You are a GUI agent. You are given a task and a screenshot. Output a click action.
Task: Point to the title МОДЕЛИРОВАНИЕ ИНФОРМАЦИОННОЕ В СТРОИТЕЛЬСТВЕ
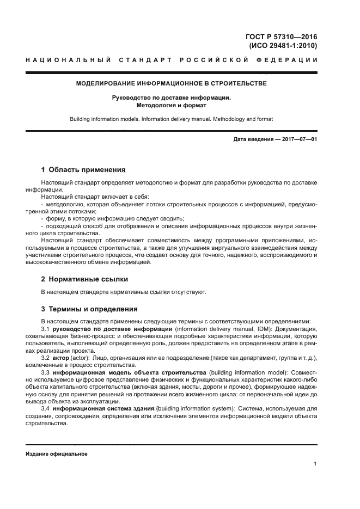point(170,83)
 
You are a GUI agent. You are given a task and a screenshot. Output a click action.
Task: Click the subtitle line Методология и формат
point(171,105)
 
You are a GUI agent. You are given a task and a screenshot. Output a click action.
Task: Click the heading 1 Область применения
point(83,170)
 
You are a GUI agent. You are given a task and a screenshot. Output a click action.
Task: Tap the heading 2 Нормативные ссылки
point(84,279)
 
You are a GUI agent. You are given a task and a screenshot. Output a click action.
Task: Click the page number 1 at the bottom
point(315,464)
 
